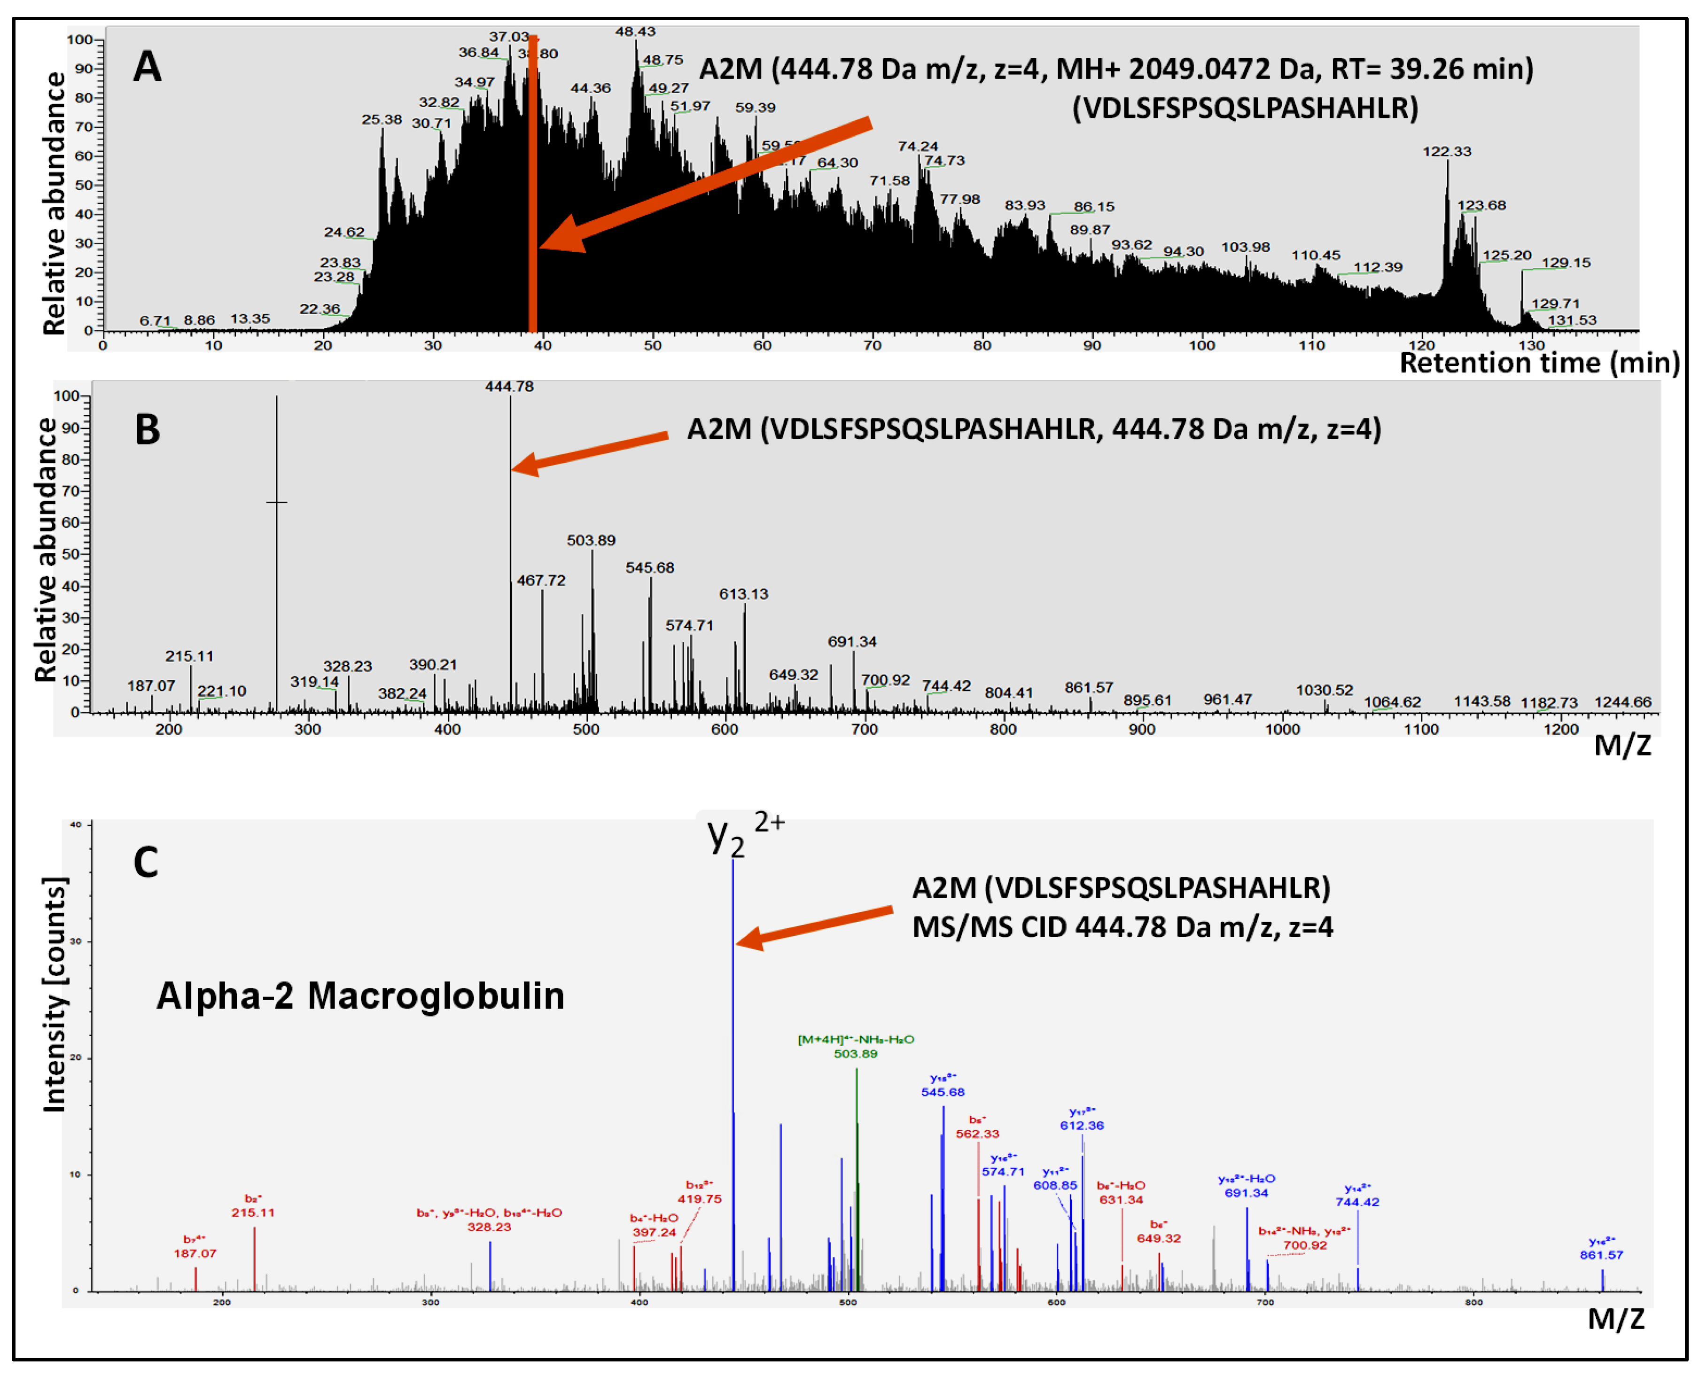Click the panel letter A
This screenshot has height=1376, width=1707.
148,67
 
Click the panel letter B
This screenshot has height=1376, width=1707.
148,429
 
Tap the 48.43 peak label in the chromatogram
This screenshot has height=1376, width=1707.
635,31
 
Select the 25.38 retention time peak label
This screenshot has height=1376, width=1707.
382,120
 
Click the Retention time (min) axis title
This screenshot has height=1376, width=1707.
1539,363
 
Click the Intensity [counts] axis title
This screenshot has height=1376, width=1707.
54,995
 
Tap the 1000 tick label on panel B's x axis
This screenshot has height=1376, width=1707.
1282,729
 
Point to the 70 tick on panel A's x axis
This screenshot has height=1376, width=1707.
872,346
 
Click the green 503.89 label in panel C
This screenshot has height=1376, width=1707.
856,1053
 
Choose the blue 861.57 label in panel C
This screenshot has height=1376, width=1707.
1601,1255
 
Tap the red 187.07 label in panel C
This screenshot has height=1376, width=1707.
195,1253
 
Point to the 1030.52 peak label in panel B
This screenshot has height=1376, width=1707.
1324,691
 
